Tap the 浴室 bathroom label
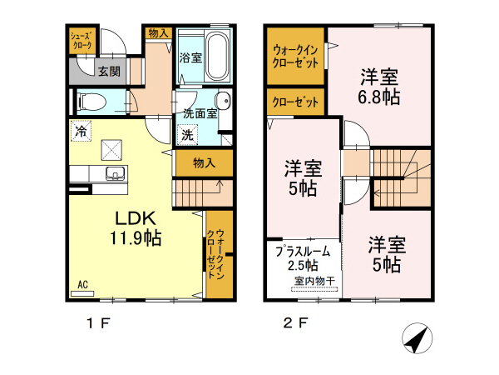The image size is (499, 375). (x=190, y=57)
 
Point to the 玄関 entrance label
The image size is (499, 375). (x=108, y=72)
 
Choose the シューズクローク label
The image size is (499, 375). (x=82, y=41)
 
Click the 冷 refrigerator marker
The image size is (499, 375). (x=81, y=130)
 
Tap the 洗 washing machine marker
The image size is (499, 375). (x=187, y=133)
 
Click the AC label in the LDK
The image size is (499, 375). (x=82, y=285)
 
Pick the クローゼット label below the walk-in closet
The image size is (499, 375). (x=295, y=102)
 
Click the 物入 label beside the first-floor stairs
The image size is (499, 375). (x=204, y=162)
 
